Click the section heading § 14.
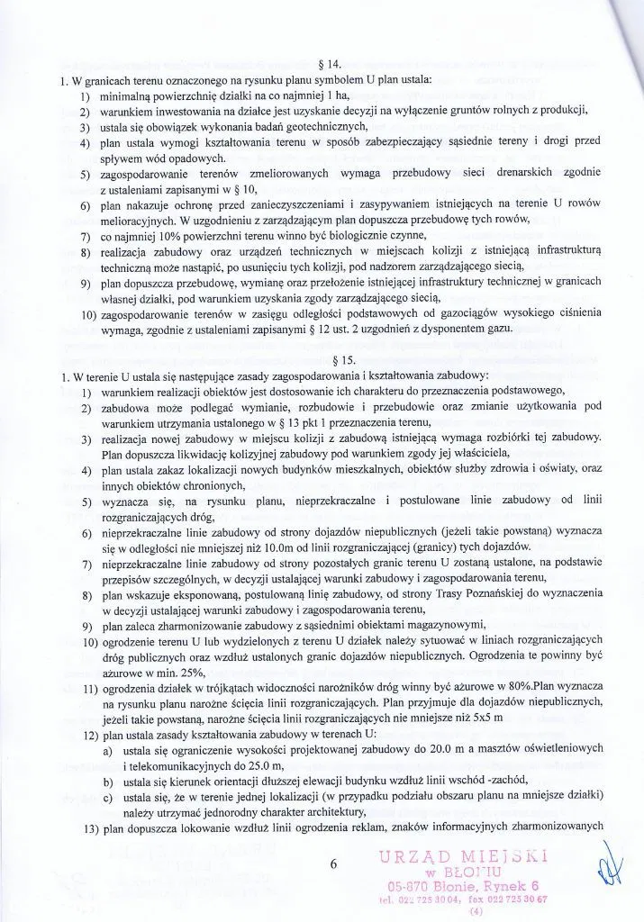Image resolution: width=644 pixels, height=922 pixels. (331, 65)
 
